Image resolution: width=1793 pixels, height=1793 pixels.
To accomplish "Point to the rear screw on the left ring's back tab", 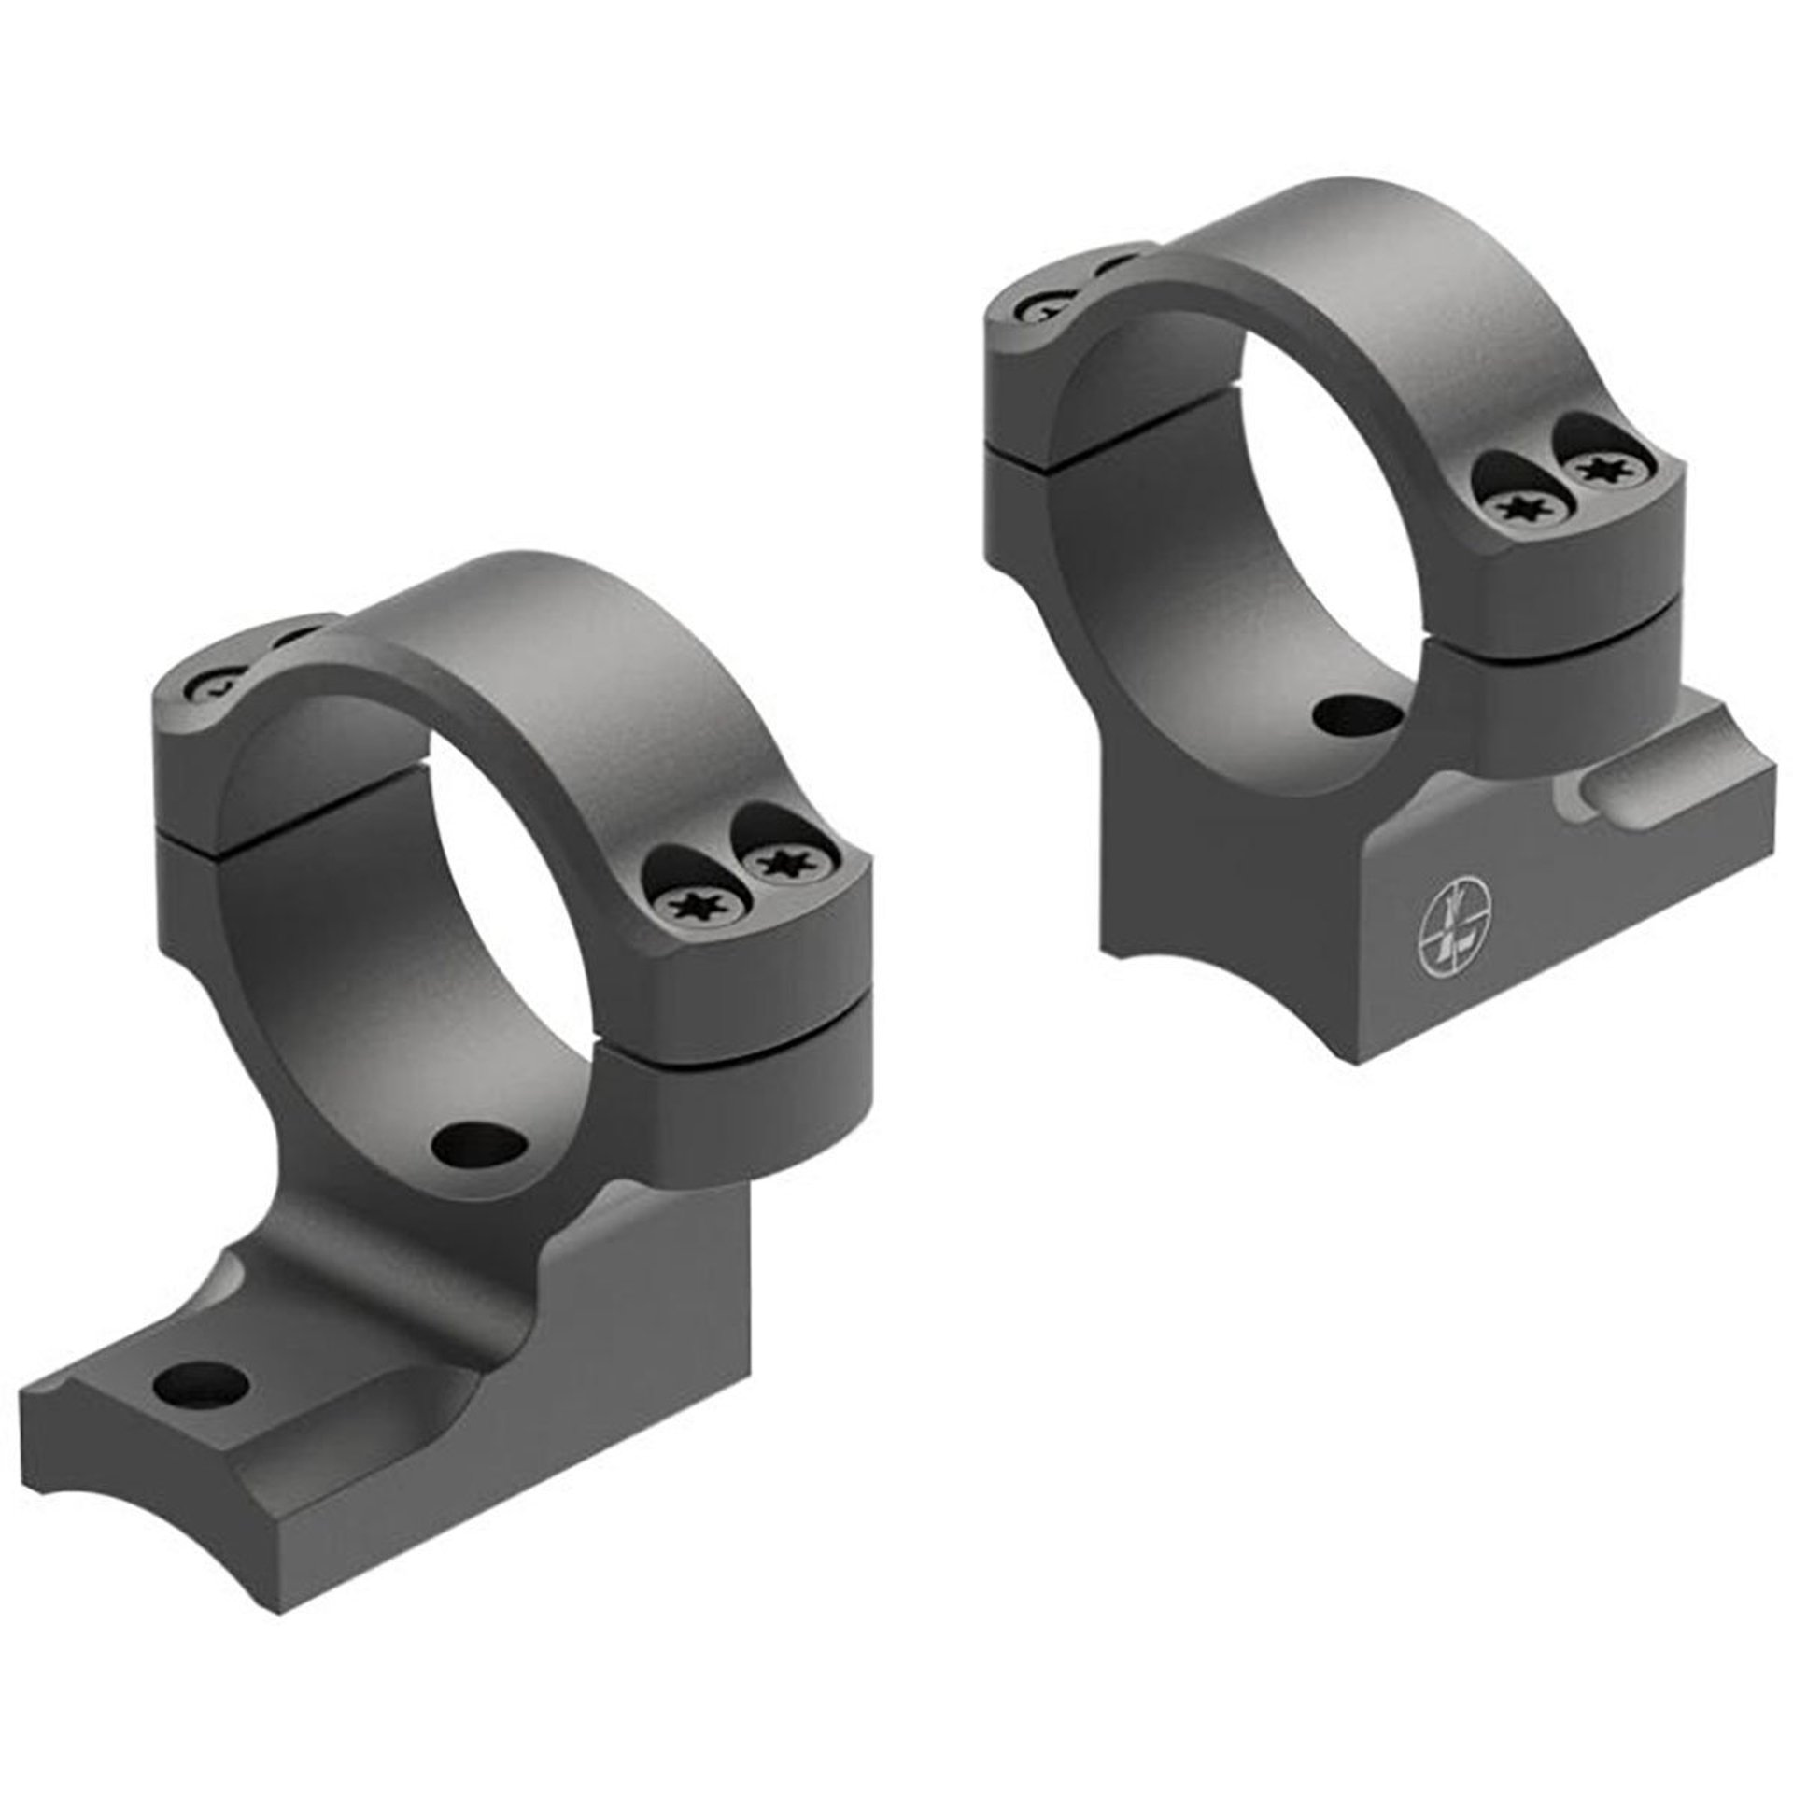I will pyautogui.click(x=218, y=694).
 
